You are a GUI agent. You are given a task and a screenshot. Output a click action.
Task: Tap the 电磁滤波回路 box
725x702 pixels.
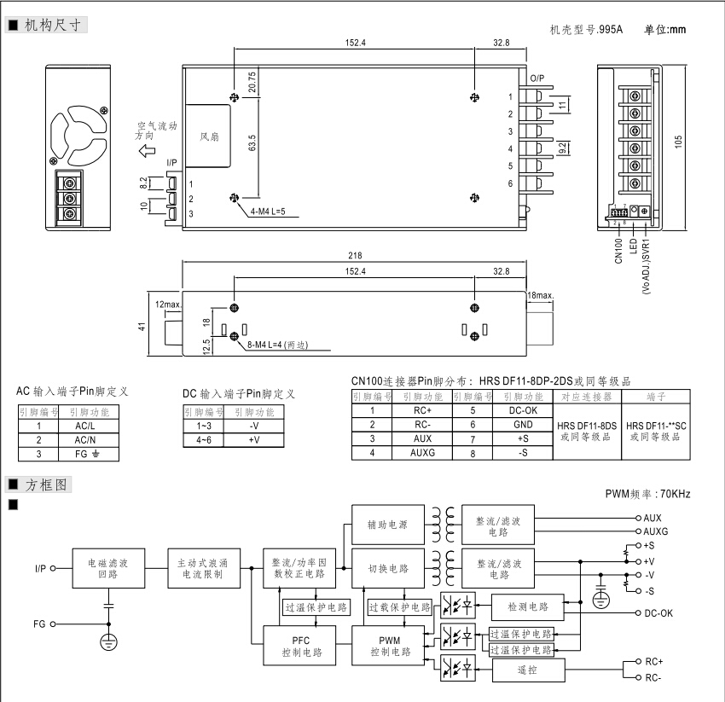[x=107, y=568]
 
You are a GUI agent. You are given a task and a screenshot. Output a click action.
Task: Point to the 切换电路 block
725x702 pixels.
[x=388, y=568]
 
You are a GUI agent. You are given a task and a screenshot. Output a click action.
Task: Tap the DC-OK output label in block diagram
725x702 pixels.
[x=658, y=613]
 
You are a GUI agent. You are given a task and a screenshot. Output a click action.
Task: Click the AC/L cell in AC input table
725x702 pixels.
[x=84, y=426]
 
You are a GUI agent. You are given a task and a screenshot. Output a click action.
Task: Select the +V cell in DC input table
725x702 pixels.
[x=253, y=440]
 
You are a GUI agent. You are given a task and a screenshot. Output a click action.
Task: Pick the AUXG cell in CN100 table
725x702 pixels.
[x=422, y=453]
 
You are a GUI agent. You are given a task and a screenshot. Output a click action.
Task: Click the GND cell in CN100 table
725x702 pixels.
[x=522, y=424]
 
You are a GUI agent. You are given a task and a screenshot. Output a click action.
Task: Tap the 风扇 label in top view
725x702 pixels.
[x=209, y=136]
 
